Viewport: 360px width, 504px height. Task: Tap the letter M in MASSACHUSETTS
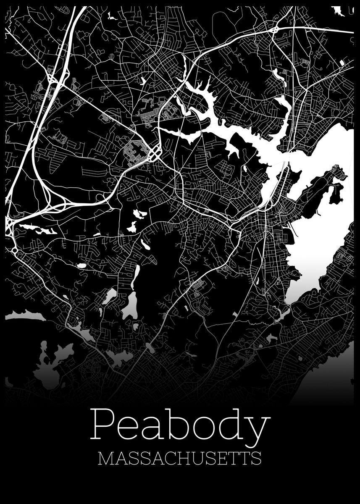[105, 458]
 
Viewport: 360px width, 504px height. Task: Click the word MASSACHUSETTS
[179, 458]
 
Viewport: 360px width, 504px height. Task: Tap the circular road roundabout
[15, 251]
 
